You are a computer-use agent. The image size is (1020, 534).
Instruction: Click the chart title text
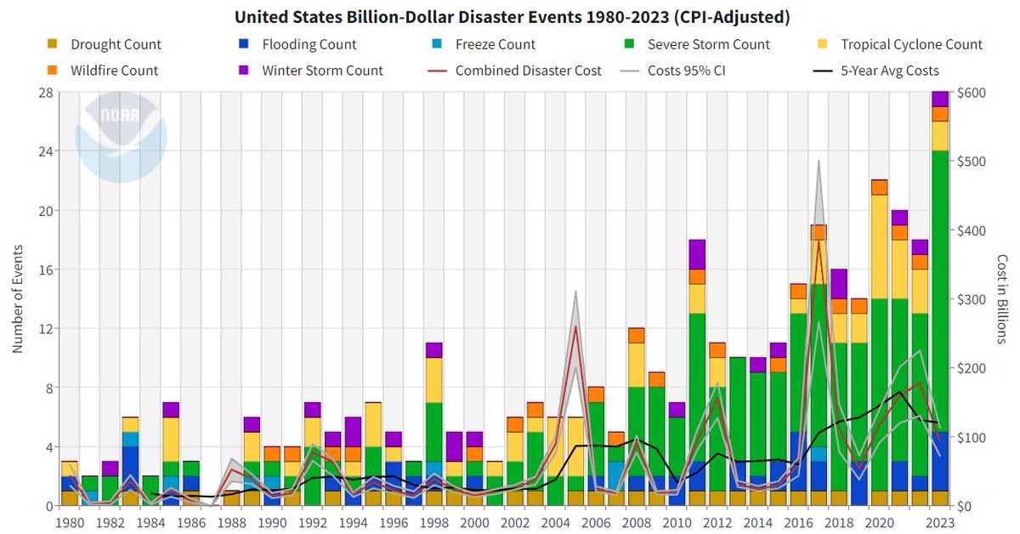pyautogui.click(x=509, y=16)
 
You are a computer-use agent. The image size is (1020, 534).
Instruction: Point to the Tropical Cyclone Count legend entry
pyautogui.click(x=909, y=44)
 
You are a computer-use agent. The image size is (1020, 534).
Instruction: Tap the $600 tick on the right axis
pyautogui.click(x=971, y=92)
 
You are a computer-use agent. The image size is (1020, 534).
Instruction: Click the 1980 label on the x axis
pyautogui.click(x=69, y=521)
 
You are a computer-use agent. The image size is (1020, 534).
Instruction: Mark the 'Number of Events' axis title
pyautogui.click(x=17, y=298)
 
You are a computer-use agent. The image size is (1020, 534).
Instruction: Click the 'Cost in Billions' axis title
pyautogui.click(x=1003, y=298)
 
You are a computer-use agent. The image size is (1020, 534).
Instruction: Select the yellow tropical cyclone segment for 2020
pyautogui.click(x=879, y=247)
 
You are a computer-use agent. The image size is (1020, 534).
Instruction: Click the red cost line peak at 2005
pyautogui.click(x=575, y=326)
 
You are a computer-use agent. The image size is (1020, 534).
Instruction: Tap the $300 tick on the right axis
pyautogui.click(x=971, y=299)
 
